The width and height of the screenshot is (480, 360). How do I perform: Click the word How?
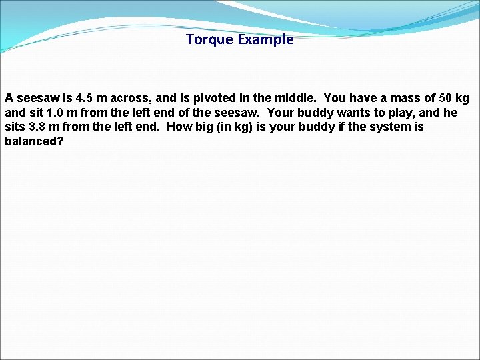pyautogui.click(x=178, y=127)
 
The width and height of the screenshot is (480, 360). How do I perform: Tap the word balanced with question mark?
pyautogui.click(x=34, y=141)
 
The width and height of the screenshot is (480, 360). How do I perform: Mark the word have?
pyautogui.click(x=363, y=99)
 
